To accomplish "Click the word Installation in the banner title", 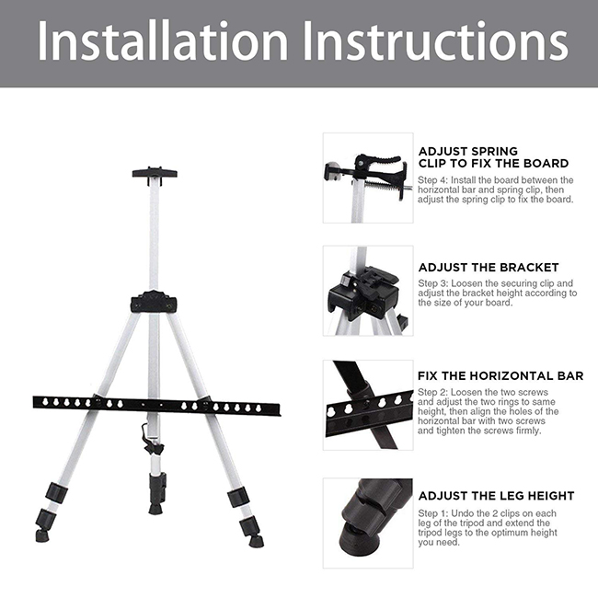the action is [x=163, y=40].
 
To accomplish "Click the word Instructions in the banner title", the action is [x=436, y=40].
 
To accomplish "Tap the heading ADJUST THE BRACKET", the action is [x=489, y=268].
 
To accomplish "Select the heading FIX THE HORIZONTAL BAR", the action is [x=500, y=376].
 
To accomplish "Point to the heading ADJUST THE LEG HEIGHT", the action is [x=496, y=496].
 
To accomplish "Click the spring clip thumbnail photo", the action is [x=368, y=178].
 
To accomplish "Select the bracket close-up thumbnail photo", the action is [x=368, y=291].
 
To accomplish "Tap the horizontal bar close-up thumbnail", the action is [x=368, y=405].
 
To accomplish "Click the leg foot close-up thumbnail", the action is [x=368, y=523].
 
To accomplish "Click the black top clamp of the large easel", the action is [x=155, y=174].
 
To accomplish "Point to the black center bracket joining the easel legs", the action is [x=154, y=302].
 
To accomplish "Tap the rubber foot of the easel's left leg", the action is [x=42, y=535].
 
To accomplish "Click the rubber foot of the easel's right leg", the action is [x=256, y=541].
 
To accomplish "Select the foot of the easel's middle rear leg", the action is [x=155, y=509].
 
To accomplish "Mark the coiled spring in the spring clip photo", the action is [x=383, y=187].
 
